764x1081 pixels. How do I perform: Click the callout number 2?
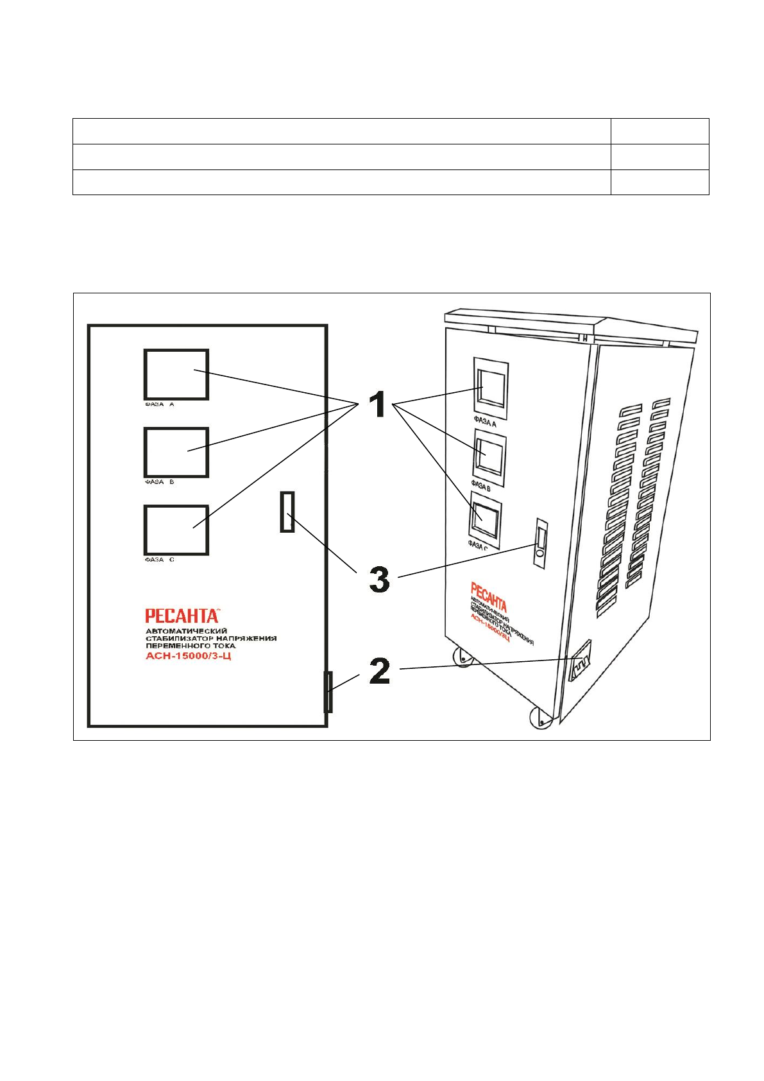click(x=380, y=671)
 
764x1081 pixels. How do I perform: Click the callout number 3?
click(x=379, y=579)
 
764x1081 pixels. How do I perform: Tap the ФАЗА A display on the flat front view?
click(x=176, y=375)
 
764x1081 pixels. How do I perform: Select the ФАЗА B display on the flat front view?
click(x=176, y=452)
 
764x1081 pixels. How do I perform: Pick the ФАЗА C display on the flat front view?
click(x=176, y=530)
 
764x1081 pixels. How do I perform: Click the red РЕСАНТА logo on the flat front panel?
click(x=182, y=616)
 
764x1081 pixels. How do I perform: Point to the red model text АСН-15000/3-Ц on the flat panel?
click(x=188, y=656)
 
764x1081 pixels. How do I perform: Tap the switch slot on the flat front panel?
click(x=287, y=512)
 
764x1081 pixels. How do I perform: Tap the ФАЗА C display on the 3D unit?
click(x=485, y=519)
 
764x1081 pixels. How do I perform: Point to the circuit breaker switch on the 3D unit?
click(x=541, y=542)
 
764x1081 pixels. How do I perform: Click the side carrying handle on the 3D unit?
click(x=581, y=661)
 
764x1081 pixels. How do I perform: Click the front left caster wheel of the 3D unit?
click(x=462, y=657)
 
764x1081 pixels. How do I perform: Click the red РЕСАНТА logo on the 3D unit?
click(x=488, y=597)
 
